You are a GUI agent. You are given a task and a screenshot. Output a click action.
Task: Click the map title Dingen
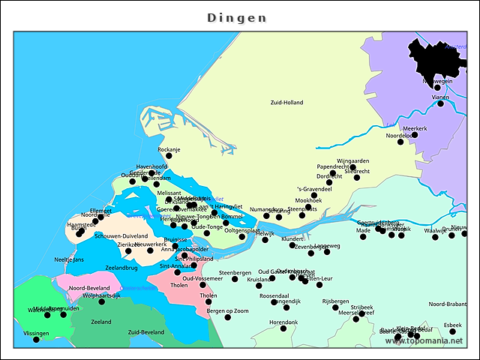coord(236,17)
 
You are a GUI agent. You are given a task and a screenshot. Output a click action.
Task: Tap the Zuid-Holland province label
coord(287,102)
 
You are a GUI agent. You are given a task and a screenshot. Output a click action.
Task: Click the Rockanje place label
coord(169,149)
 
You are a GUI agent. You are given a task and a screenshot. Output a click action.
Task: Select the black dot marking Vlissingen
coord(36,340)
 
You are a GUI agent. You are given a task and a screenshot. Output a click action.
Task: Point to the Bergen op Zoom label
coord(227,310)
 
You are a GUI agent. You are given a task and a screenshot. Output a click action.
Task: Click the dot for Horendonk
coord(283,328)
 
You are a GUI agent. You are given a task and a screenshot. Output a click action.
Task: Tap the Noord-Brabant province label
coord(447,304)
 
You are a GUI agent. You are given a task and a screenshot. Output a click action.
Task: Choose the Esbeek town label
coord(452,325)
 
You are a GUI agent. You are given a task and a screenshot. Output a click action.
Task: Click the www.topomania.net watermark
coord(424,341)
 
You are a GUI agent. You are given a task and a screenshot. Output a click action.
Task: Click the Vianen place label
coord(440,97)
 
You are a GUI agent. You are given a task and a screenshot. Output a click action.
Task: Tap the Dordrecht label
coord(328,176)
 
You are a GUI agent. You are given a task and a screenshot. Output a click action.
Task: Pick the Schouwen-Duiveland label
coord(121,235)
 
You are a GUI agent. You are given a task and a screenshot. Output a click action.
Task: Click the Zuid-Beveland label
coord(146,331)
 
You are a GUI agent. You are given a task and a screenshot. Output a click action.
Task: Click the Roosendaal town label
coord(274,295)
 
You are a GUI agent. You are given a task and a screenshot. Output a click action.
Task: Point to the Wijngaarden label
coord(352,160)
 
